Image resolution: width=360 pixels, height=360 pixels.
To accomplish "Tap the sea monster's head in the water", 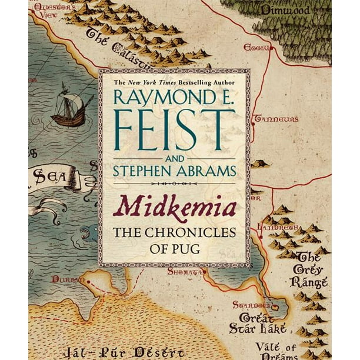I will pyautogui.click(x=86, y=234).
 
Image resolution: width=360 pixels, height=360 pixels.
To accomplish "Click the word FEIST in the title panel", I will pyautogui.click(x=175, y=129).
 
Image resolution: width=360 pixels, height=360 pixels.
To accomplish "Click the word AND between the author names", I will pyautogui.click(x=175, y=158).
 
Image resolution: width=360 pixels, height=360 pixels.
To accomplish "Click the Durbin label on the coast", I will pyautogui.click(x=64, y=278).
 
